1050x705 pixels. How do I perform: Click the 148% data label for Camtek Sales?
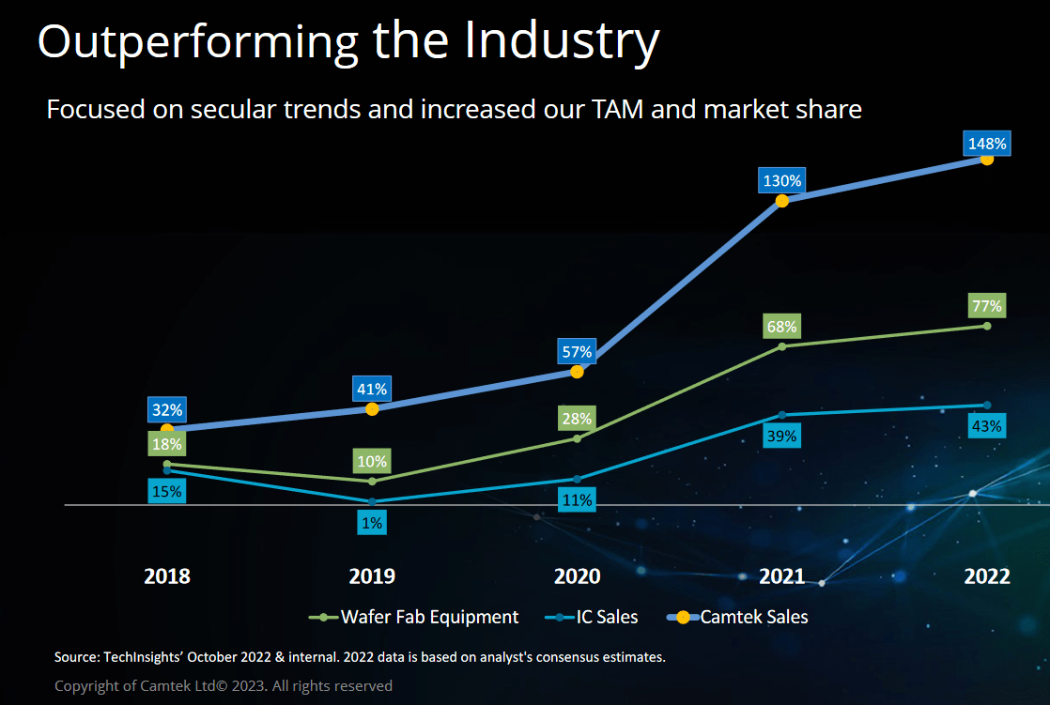pyautogui.click(x=986, y=144)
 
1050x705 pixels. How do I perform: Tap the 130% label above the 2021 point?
pyautogui.click(x=781, y=181)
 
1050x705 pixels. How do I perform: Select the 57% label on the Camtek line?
pyautogui.click(x=577, y=352)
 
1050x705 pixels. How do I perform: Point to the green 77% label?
pyautogui.click(x=986, y=305)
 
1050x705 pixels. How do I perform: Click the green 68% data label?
pyautogui.click(x=781, y=327)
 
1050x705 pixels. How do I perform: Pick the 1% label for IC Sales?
pyautogui.click(x=372, y=523)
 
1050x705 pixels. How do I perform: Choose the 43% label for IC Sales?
pyautogui.click(x=986, y=425)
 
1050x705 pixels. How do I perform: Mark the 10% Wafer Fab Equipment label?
pyautogui.click(x=372, y=461)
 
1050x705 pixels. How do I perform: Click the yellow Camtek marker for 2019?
pyautogui.click(x=372, y=408)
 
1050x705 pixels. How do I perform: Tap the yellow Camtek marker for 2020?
pyautogui.click(x=577, y=372)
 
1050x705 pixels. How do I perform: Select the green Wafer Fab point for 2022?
pyautogui.click(x=986, y=326)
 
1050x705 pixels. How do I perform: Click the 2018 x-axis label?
pyautogui.click(x=167, y=576)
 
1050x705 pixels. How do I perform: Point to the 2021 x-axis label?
pyautogui.click(x=781, y=576)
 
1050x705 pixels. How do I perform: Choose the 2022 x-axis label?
pyautogui.click(x=986, y=576)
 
